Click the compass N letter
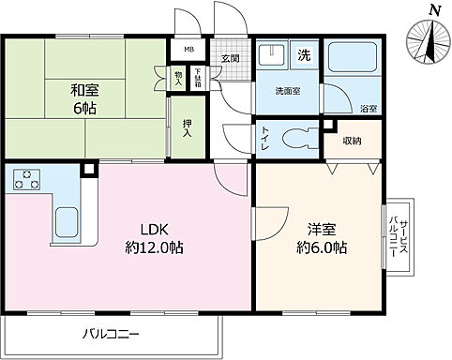click(432, 9)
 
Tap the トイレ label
click(264, 140)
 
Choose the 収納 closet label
click(352, 141)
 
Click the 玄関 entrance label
click(230, 58)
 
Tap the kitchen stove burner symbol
click(25, 178)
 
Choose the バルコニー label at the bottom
click(111, 334)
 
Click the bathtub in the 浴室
click(352, 58)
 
